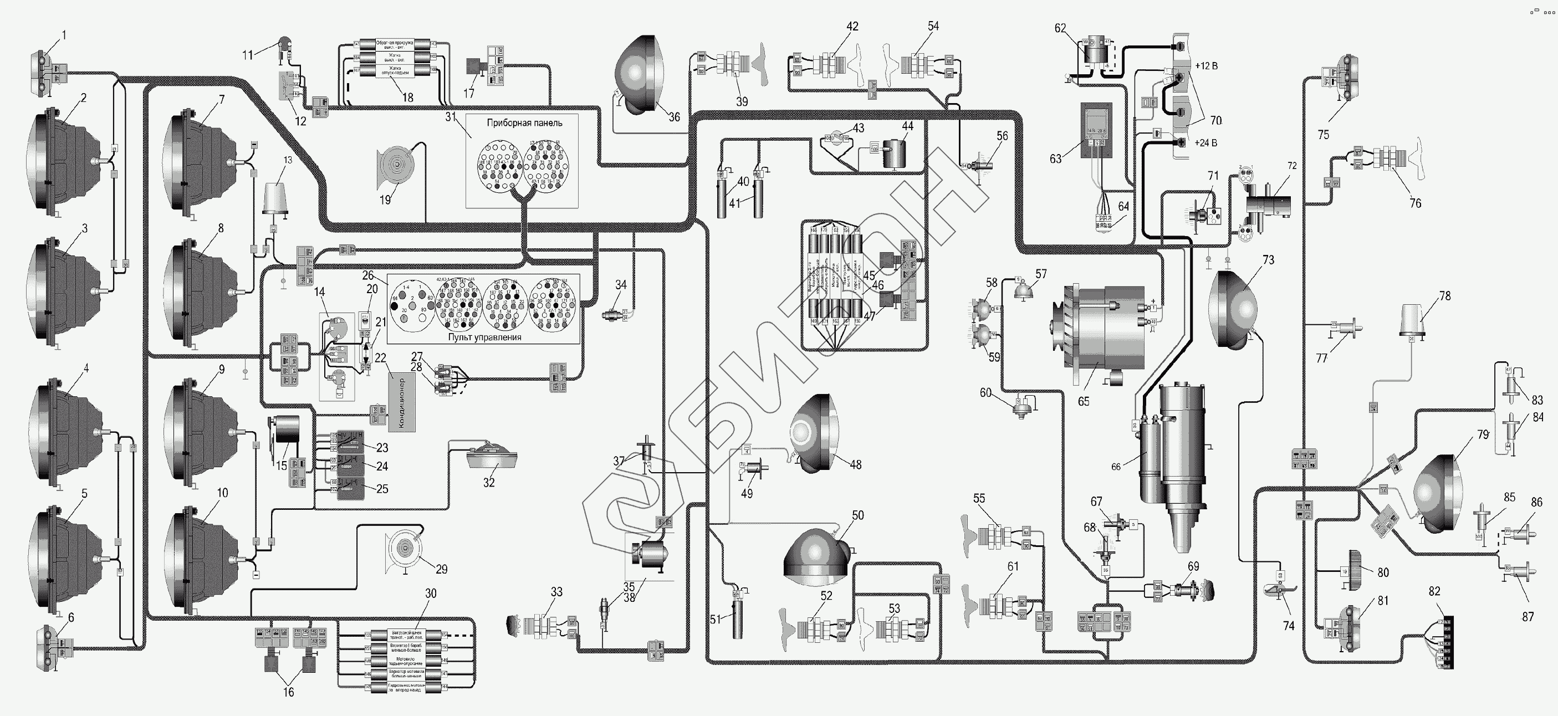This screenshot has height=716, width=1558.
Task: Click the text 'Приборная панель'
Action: point(524,123)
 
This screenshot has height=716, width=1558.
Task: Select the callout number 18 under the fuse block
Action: point(407,98)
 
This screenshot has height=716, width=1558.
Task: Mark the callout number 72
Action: point(1292,165)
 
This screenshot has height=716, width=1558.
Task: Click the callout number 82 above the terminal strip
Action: point(1434,591)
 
